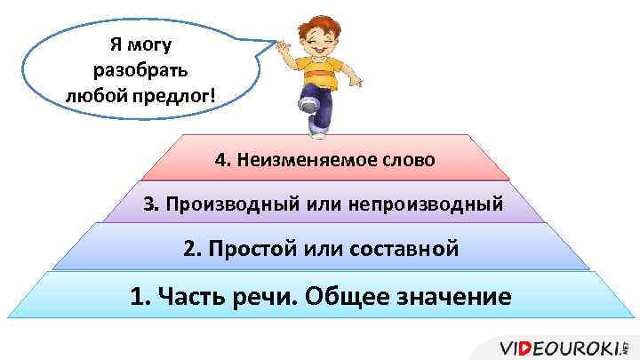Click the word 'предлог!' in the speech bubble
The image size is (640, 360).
[173, 93]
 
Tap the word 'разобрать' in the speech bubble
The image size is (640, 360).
[136, 68]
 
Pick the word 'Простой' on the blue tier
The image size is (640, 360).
[247, 248]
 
